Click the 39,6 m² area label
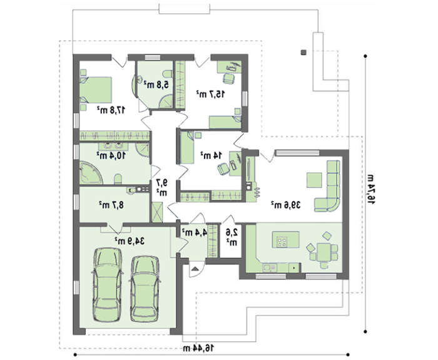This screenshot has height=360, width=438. [286, 205]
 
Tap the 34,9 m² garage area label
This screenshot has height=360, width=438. [130, 240]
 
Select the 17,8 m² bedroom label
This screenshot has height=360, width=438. [111, 110]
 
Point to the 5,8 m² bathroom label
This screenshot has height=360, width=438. [156, 84]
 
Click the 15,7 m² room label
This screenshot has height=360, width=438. [210, 94]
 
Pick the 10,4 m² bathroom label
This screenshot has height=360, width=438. [111, 155]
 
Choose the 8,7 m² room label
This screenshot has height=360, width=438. [111, 205]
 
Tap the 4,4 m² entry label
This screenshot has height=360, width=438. [194, 232]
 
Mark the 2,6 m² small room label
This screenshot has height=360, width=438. [232, 237]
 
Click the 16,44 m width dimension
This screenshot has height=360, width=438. [198, 348]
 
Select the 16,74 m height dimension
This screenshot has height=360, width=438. [370, 188]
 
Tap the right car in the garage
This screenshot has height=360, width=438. [145, 289]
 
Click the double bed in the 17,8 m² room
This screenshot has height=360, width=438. [96, 90]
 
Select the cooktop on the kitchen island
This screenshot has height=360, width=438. [282, 242]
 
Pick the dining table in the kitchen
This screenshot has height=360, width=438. [323, 252]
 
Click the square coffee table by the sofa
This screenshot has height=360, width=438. [314, 180]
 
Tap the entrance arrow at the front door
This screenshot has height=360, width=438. [195, 269]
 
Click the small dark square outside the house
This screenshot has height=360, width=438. [303, 52]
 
